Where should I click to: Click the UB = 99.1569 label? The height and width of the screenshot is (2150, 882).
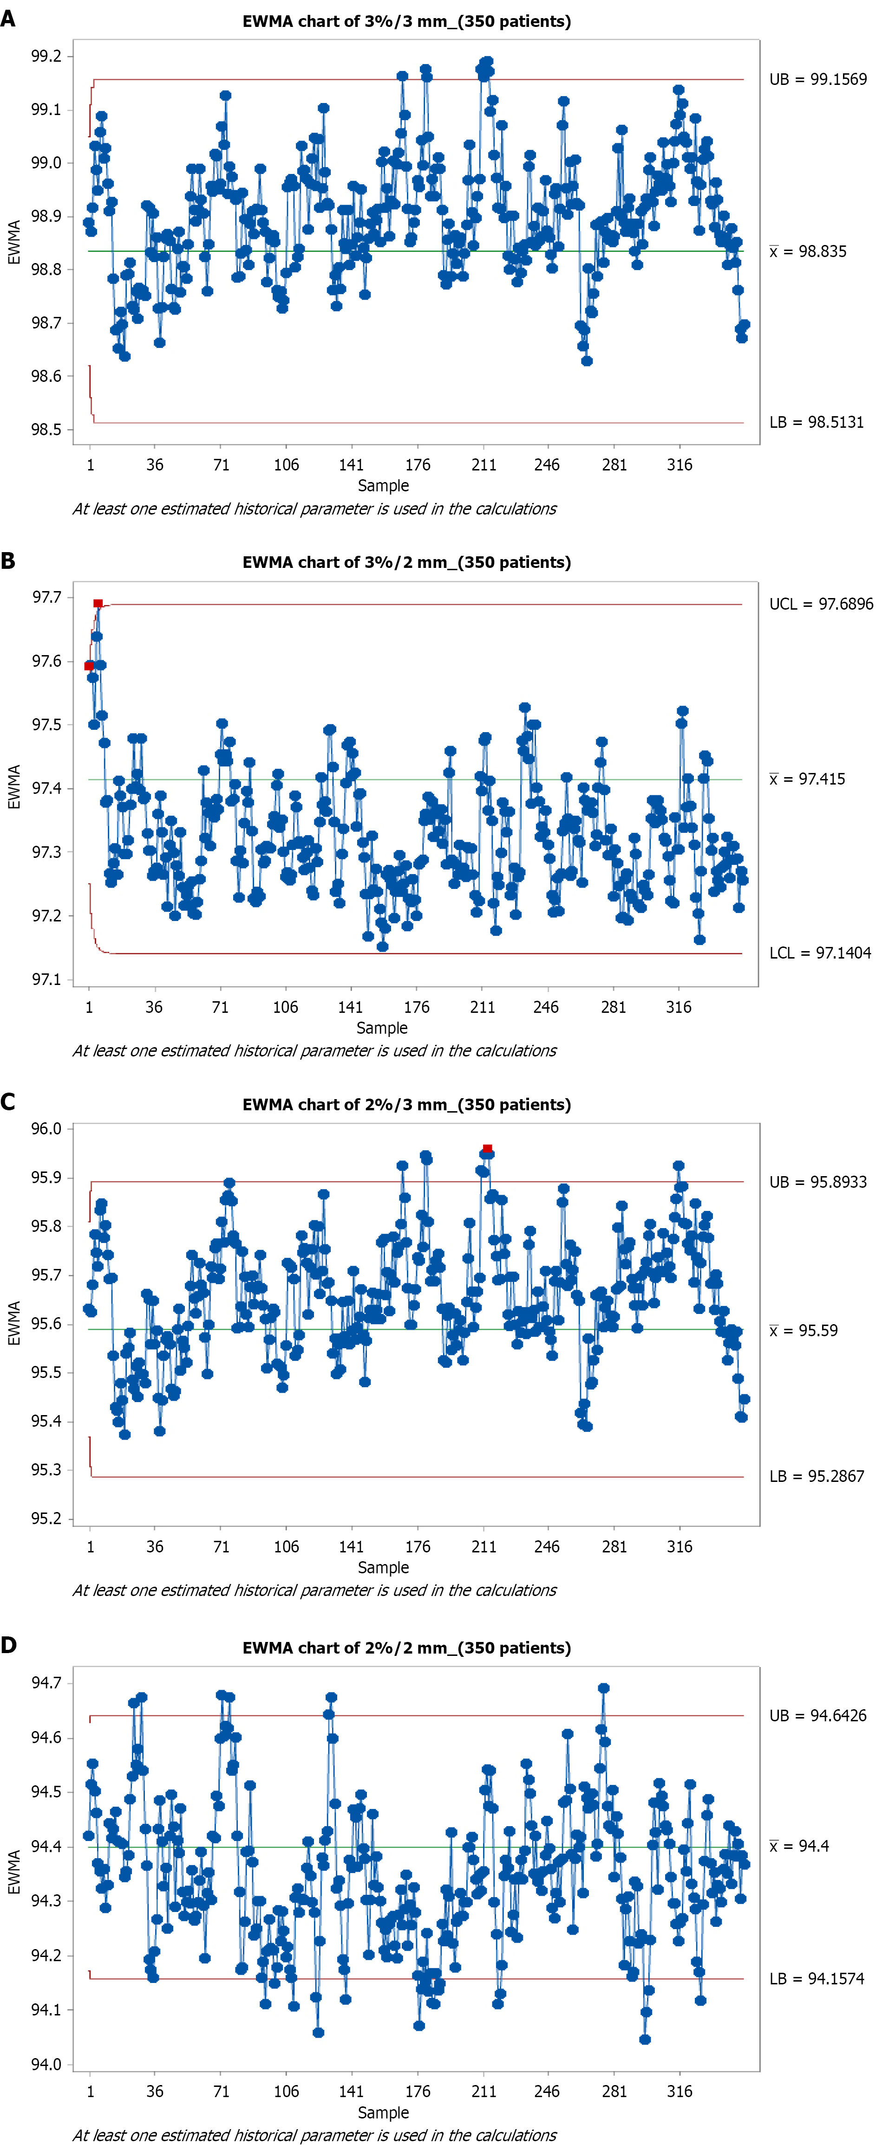pos(818,79)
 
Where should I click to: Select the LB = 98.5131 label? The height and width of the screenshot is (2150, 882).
pos(816,422)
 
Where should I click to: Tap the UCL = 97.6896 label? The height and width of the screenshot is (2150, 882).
pos(820,604)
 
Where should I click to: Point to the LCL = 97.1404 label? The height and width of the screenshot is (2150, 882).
pos(819,953)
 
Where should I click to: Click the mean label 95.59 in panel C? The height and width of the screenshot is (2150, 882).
pos(803,1330)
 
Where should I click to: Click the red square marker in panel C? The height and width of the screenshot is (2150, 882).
pos(488,1148)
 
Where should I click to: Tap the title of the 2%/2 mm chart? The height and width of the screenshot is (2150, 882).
pos(407,1648)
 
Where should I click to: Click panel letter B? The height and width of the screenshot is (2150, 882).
pos(8,561)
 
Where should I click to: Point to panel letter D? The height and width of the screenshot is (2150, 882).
pos(8,1645)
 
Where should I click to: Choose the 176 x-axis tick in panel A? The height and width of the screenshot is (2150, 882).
pos(418,465)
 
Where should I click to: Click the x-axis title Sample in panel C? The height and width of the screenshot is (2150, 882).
pos(383,1567)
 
